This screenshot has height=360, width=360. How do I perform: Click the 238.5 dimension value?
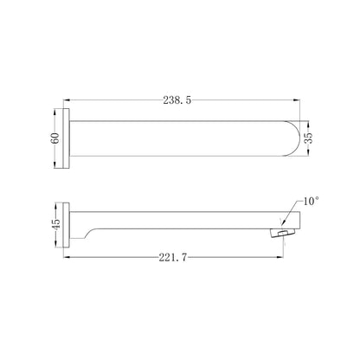coord(177,100)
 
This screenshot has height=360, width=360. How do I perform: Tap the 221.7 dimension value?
coord(173,257)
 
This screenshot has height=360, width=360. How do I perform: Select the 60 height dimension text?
coord(55,138)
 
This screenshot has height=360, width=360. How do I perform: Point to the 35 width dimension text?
coord(308,138)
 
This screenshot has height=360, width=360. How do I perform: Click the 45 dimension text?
coord(55,224)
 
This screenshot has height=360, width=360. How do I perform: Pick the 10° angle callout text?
coord(312,201)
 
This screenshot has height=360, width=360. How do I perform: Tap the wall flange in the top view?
coord(67,138)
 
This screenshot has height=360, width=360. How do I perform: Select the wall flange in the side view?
coord(67,225)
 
